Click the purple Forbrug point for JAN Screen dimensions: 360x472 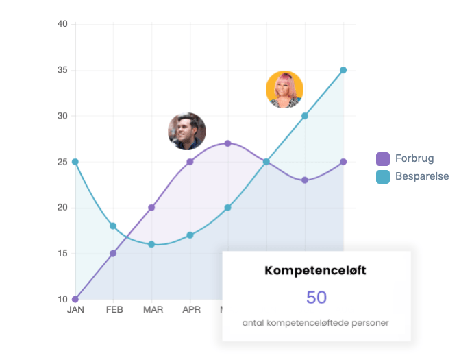click(75, 299)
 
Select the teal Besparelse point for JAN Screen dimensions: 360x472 click(75, 162)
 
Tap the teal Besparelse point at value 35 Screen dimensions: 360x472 click(343, 70)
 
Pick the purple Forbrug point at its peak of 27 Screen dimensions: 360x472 click(228, 143)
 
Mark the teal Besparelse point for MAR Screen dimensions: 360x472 click(151, 244)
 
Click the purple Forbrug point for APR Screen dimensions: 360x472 click(190, 162)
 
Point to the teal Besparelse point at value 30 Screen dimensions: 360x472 click(305, 116)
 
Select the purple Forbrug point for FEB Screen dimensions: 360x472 click(113, 253)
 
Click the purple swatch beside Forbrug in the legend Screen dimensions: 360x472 click(383, 159)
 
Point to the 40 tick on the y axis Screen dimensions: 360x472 click(62, 24)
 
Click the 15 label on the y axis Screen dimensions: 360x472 click(62, 253)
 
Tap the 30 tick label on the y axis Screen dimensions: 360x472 click(62, 116)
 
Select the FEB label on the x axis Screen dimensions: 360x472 click(114, 310)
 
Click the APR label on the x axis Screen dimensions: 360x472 click(191, 310)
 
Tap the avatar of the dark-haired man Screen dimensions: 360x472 click(187, 131)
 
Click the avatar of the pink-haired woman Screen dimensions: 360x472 click(284, 90)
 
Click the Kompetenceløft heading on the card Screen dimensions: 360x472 click(315, 271)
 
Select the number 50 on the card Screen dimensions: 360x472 click(316, 298)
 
